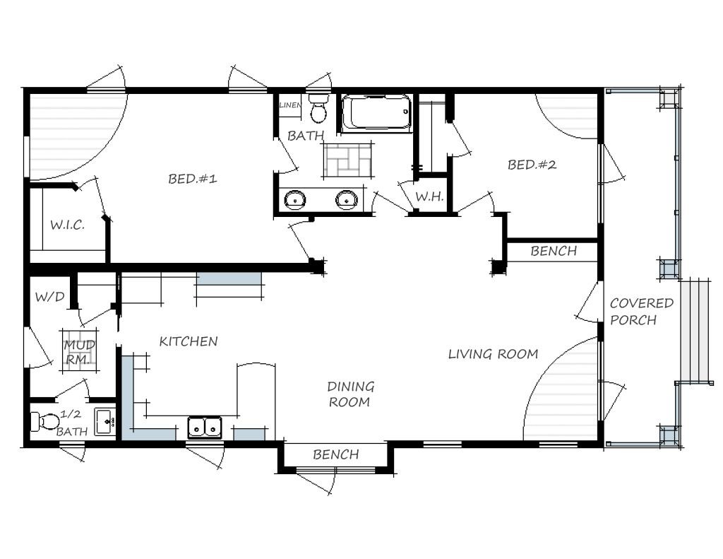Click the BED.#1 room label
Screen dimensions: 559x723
pos(192,179)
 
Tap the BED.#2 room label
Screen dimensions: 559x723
pos(532,165)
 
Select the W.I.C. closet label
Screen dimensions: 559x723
pos(67,225)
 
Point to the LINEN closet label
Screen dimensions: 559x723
pos(290,105)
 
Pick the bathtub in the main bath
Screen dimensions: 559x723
pos(376,112)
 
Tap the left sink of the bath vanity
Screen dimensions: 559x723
pos(294,200)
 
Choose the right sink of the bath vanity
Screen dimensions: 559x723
pos(346,200)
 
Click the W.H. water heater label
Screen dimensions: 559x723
pos(429,196)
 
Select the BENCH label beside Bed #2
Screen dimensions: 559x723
pos(554,251)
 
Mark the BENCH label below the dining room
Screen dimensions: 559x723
pos(335,454)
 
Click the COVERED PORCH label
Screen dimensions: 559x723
pos(642,312)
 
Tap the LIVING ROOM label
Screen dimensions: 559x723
pos(493,354)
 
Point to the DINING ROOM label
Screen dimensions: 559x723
pos(350,394)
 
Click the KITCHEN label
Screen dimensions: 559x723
pos(188,341)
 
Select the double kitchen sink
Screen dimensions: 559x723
pos(204,427)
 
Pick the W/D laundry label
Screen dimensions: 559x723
pos(49,297)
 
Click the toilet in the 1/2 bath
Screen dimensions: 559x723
pos(46,422)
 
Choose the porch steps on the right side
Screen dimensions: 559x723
pos(694,330)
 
